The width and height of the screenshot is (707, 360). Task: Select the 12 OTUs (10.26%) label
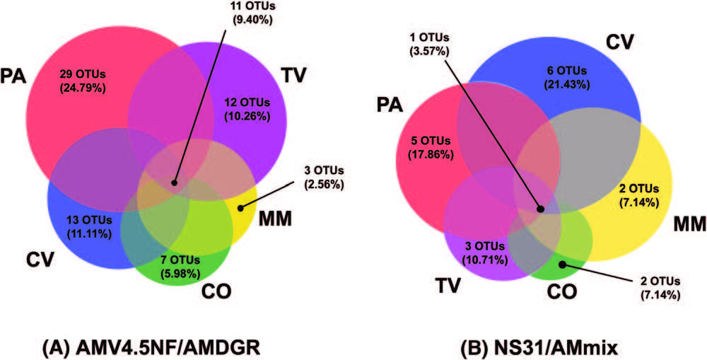pos(247,110)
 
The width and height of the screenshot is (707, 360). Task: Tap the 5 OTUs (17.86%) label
pos(430,149)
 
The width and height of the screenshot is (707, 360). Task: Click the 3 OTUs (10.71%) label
pos(484,253)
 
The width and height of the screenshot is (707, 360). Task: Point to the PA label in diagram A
pos(13,75)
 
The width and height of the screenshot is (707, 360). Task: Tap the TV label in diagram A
pos(293,74)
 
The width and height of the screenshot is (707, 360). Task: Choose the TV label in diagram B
pos(448,284)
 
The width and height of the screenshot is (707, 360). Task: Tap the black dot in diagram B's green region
pos(562,265)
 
